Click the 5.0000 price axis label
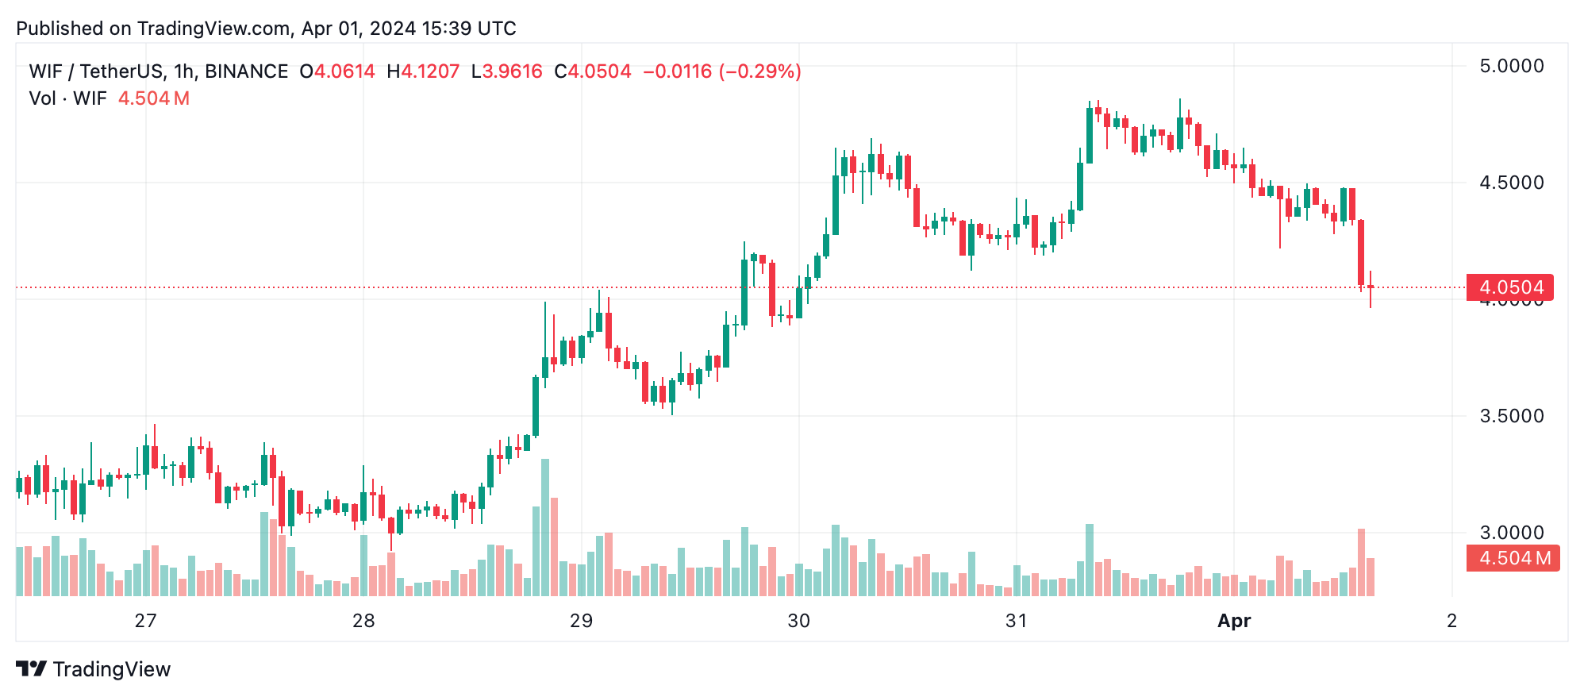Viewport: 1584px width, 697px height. pos(1511,66)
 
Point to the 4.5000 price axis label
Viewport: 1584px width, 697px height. pos(1511,183)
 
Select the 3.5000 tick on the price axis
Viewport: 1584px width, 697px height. pos(1511,416)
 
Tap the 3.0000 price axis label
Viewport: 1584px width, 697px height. pos(1511,533)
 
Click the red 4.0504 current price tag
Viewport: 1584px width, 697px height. pos(1510,287)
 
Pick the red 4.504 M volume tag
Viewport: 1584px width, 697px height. pos(1513,558)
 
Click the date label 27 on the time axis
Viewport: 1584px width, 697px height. pos(145,621)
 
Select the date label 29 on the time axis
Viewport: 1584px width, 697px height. pos(581,621)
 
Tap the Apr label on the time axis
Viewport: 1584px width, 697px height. pos(1234,621)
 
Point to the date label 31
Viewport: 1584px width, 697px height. pos(1016,621)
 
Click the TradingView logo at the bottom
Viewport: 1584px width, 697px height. pos(94,669)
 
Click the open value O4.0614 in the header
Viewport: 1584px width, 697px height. pos(337,71)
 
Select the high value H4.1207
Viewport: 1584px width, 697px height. pos(423,71)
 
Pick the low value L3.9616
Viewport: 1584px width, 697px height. pos(506,71)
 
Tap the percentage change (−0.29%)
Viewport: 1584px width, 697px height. pos(759,71)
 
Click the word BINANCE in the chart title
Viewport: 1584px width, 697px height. pos(246,71)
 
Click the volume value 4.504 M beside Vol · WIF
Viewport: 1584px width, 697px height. pos(154,98)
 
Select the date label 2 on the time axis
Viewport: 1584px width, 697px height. pos(1451,621)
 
